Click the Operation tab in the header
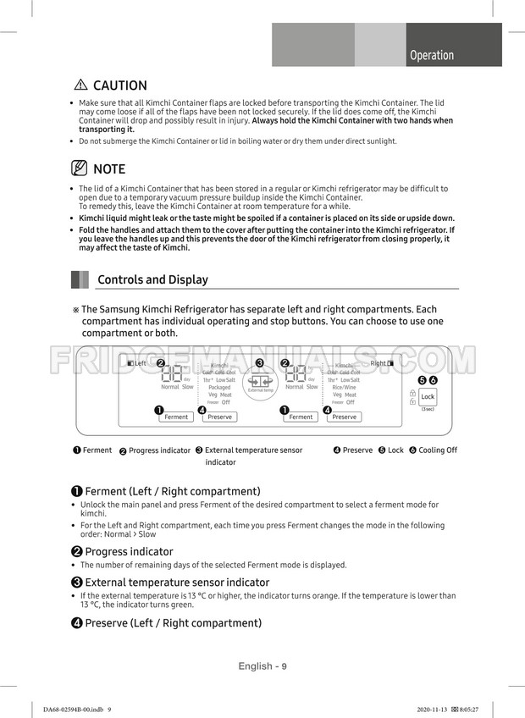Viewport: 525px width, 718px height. (x=431, y=55)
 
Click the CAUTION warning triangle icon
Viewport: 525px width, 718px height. (x=81, y=86)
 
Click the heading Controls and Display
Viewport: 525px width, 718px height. (x=152, y=279)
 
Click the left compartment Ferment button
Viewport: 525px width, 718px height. (x=176, y=417)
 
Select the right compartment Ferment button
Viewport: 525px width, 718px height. (x=301, y=417)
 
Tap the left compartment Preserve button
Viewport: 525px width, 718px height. (x=219, y=417)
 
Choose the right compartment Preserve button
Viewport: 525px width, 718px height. (x=344, y=417)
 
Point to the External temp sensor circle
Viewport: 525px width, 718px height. (x=260, y=384)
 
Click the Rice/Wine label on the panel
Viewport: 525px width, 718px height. (x=344, y=387)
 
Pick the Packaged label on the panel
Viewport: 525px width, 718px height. (x=219, y=387)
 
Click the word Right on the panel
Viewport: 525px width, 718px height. (x=378, y=363)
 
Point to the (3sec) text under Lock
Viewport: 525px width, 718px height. (x=428, y=409)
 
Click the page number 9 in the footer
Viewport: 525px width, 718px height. (x=285, y=666)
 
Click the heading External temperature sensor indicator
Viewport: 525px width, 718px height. (x=177, y=583)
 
